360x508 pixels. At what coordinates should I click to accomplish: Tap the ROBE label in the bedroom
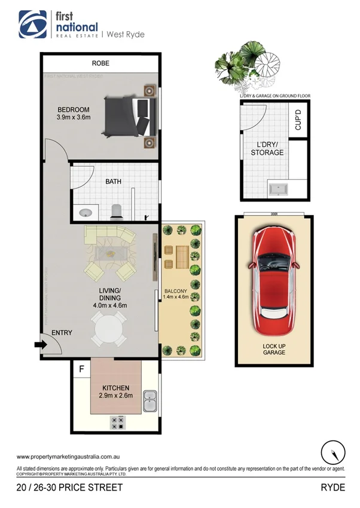tap(100, 63)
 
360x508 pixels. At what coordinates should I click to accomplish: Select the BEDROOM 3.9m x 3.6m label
tap(73, 114)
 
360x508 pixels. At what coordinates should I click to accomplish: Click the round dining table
tap(108, 329)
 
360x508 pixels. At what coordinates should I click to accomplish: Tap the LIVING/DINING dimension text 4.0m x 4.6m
tap(110, 305)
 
